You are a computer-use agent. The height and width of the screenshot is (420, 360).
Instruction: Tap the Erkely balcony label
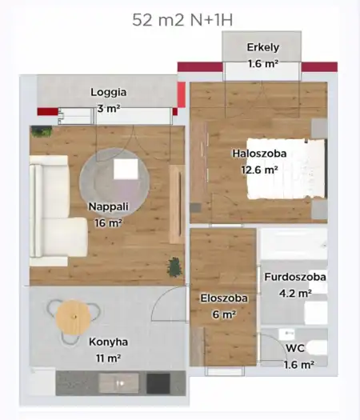[x=262, y=47]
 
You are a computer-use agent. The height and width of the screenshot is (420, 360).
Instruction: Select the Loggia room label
[x=109, y=92]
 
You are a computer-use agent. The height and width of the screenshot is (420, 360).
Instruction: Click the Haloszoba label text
[x=259, y=154]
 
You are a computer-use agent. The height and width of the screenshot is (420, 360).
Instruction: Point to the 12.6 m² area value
[x=259, y=170]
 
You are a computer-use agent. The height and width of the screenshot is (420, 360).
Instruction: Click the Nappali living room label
[x=107, y=207]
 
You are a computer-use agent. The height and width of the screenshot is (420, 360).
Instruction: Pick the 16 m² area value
[x=107, y=223]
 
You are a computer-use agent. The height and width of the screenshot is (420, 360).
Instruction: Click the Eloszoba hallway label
[x=224, y=298]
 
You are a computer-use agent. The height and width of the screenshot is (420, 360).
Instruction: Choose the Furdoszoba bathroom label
[x=296, y=278]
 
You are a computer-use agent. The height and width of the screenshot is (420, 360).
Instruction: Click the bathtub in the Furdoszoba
[x=293, y=243]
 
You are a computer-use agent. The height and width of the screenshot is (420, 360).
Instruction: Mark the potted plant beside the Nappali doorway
[x=173, y=266]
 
